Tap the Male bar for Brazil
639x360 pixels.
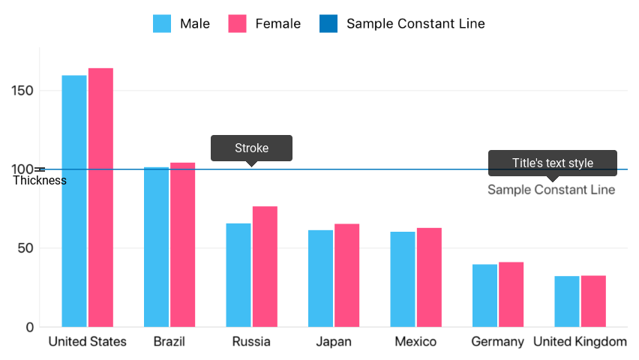click(156, 247)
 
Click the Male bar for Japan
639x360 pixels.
click(320, 278)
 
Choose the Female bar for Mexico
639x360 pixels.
click(429, 277)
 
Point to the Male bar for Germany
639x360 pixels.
click(484, 295)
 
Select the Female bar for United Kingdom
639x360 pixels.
click(593, 301)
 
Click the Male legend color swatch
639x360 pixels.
click(163, 23)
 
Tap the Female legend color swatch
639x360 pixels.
click(238, 23)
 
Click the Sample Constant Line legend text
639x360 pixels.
click(415, 23)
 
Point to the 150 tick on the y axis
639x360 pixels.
click(24, 91)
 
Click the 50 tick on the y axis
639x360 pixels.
click(27, 248)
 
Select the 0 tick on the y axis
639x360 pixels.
click(30, 327)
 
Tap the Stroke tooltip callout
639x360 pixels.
click(251, 148)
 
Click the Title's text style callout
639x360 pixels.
click(553, 163)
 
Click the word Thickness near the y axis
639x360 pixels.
click(40, 181)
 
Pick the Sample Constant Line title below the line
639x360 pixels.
click(551, 190)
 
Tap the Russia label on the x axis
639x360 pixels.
click(251, 342)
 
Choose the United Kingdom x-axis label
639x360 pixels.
click(580, 342)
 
